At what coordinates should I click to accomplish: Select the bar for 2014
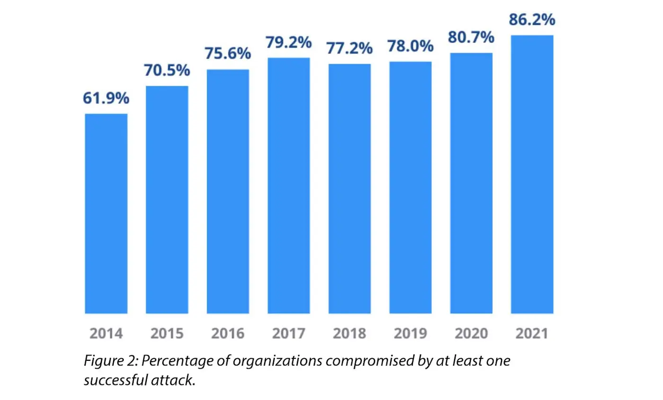(x=106, y=213)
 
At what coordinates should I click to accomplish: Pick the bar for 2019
(x=411, y=187)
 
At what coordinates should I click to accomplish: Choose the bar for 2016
(x=228, y=191)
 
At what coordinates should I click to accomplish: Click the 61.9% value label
(x=106, y=98)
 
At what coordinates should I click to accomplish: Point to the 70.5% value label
(x=167, y=71)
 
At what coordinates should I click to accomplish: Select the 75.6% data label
(x=228, y=53)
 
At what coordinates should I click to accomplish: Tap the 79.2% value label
(x=289, y=42)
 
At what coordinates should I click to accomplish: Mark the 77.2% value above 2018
(x=349, y=48)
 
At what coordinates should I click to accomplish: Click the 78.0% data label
(x=411, y=46)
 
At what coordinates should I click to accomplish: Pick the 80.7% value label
(x=471, y=37)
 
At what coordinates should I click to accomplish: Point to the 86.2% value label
(x=532, y=20)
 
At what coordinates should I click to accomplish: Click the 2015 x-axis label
(x=167, y=333)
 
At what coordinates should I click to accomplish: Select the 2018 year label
(x=349, y=333)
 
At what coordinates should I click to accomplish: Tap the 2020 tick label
(x=471, y=333)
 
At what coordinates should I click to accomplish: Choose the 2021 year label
(x=532, y=333)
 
